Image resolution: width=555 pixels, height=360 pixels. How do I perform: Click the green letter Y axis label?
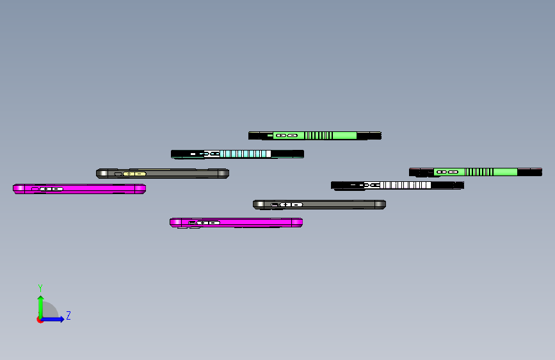coord(40,288)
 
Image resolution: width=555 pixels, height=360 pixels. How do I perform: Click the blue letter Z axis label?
coord(68,316)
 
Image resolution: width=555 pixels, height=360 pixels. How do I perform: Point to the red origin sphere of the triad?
coord(40,319)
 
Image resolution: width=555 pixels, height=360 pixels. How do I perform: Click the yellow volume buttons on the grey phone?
coord(134,174)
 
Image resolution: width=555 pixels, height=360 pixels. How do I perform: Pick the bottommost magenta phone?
coord(256,222)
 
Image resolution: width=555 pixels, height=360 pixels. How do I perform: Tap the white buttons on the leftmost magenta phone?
coord(51,189)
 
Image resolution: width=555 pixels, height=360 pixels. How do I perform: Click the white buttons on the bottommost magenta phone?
coord(208,222)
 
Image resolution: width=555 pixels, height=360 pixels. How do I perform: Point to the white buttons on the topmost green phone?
coord(286,135)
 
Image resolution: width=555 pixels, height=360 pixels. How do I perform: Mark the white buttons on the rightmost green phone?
coord(447,172)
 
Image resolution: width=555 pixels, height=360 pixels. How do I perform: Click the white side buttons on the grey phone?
coord(291,204)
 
